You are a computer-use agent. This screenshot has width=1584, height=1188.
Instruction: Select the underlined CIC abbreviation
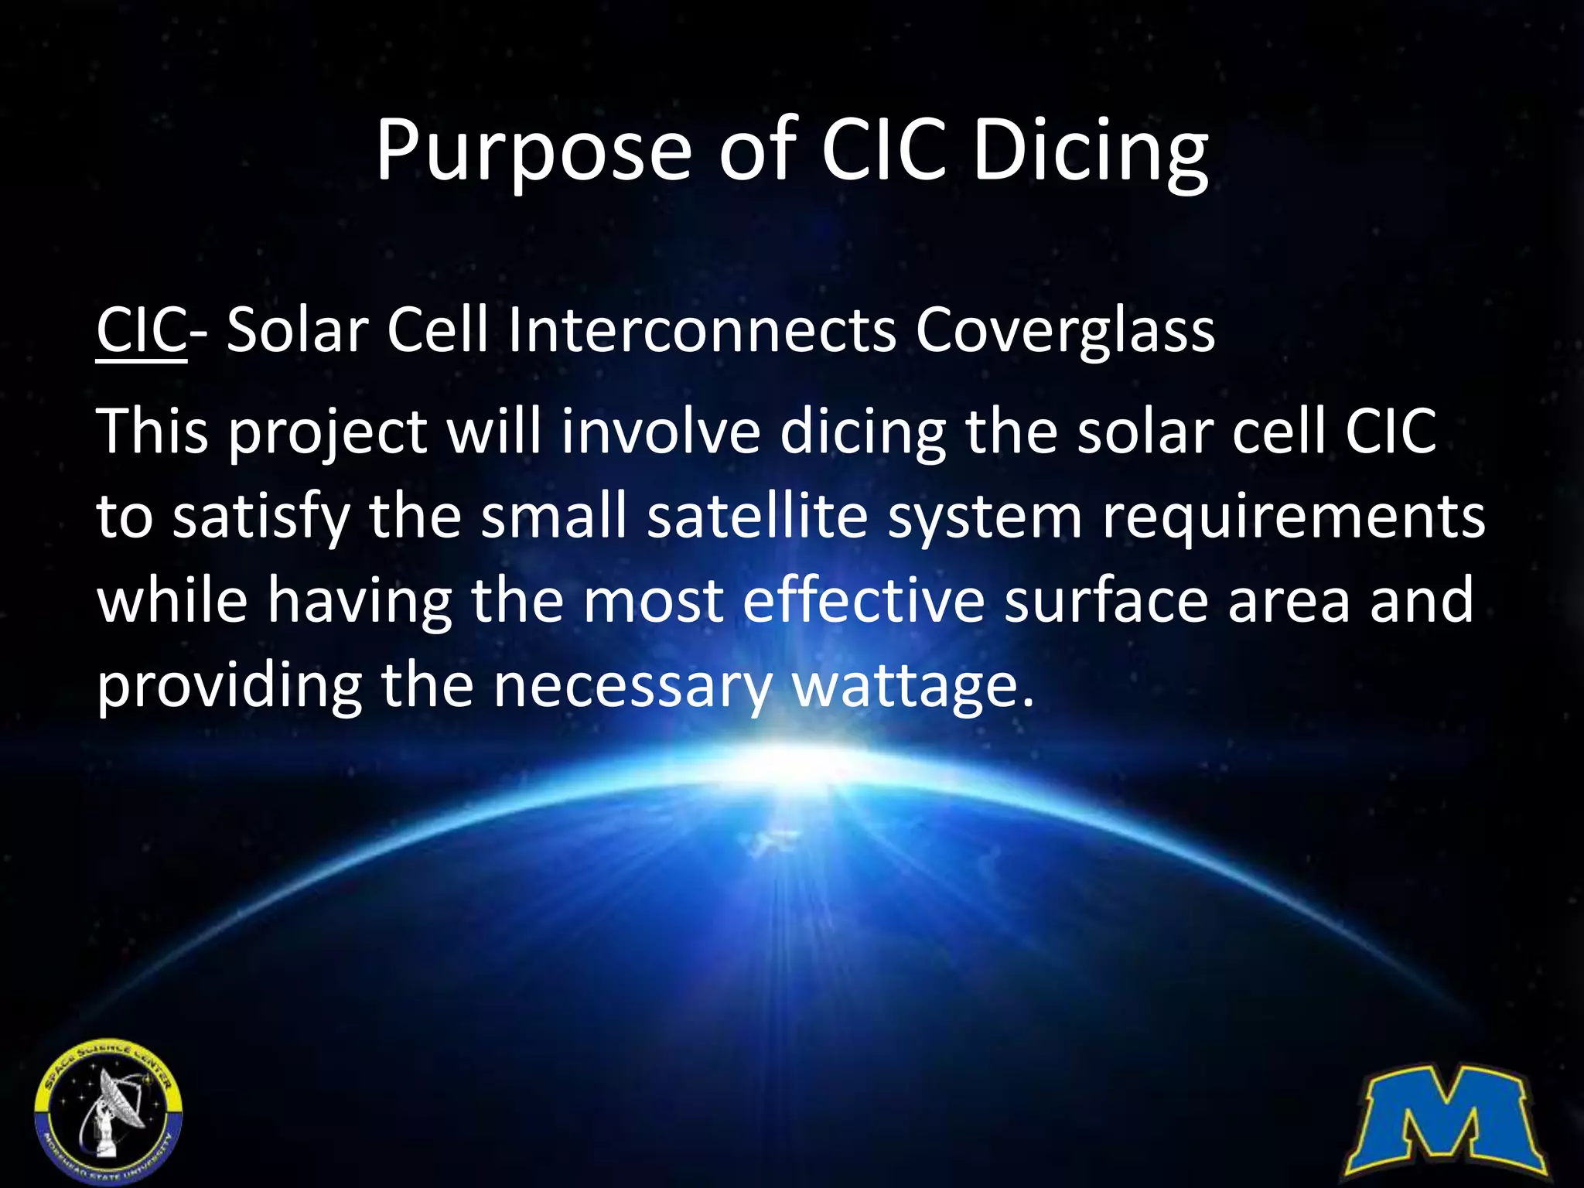(x=142, y=331)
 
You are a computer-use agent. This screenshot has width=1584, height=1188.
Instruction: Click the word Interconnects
(x=702, y=331)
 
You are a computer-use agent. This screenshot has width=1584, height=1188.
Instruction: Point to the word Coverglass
(x=1065, y=331)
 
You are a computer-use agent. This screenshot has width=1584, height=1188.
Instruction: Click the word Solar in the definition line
(x=298, y=331)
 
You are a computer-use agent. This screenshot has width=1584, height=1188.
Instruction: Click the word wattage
(x=913, y=686)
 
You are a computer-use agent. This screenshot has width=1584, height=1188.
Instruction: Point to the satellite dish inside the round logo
(x=116, y=1098)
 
